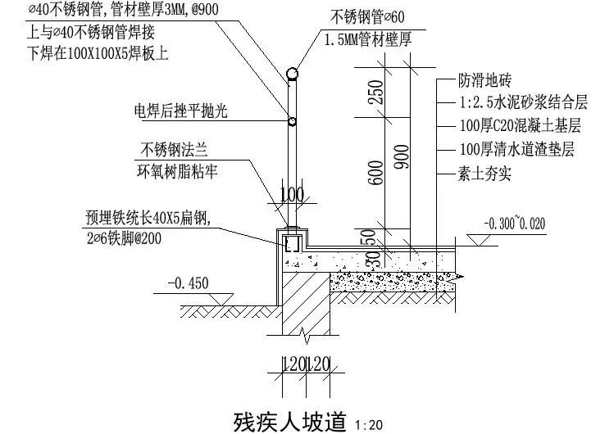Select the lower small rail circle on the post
tap(292, 123)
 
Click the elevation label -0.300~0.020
tap(514, 223)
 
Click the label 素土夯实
tap(484, 174)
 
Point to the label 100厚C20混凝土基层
tap(520, 127)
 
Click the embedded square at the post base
tap(291, 242)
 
